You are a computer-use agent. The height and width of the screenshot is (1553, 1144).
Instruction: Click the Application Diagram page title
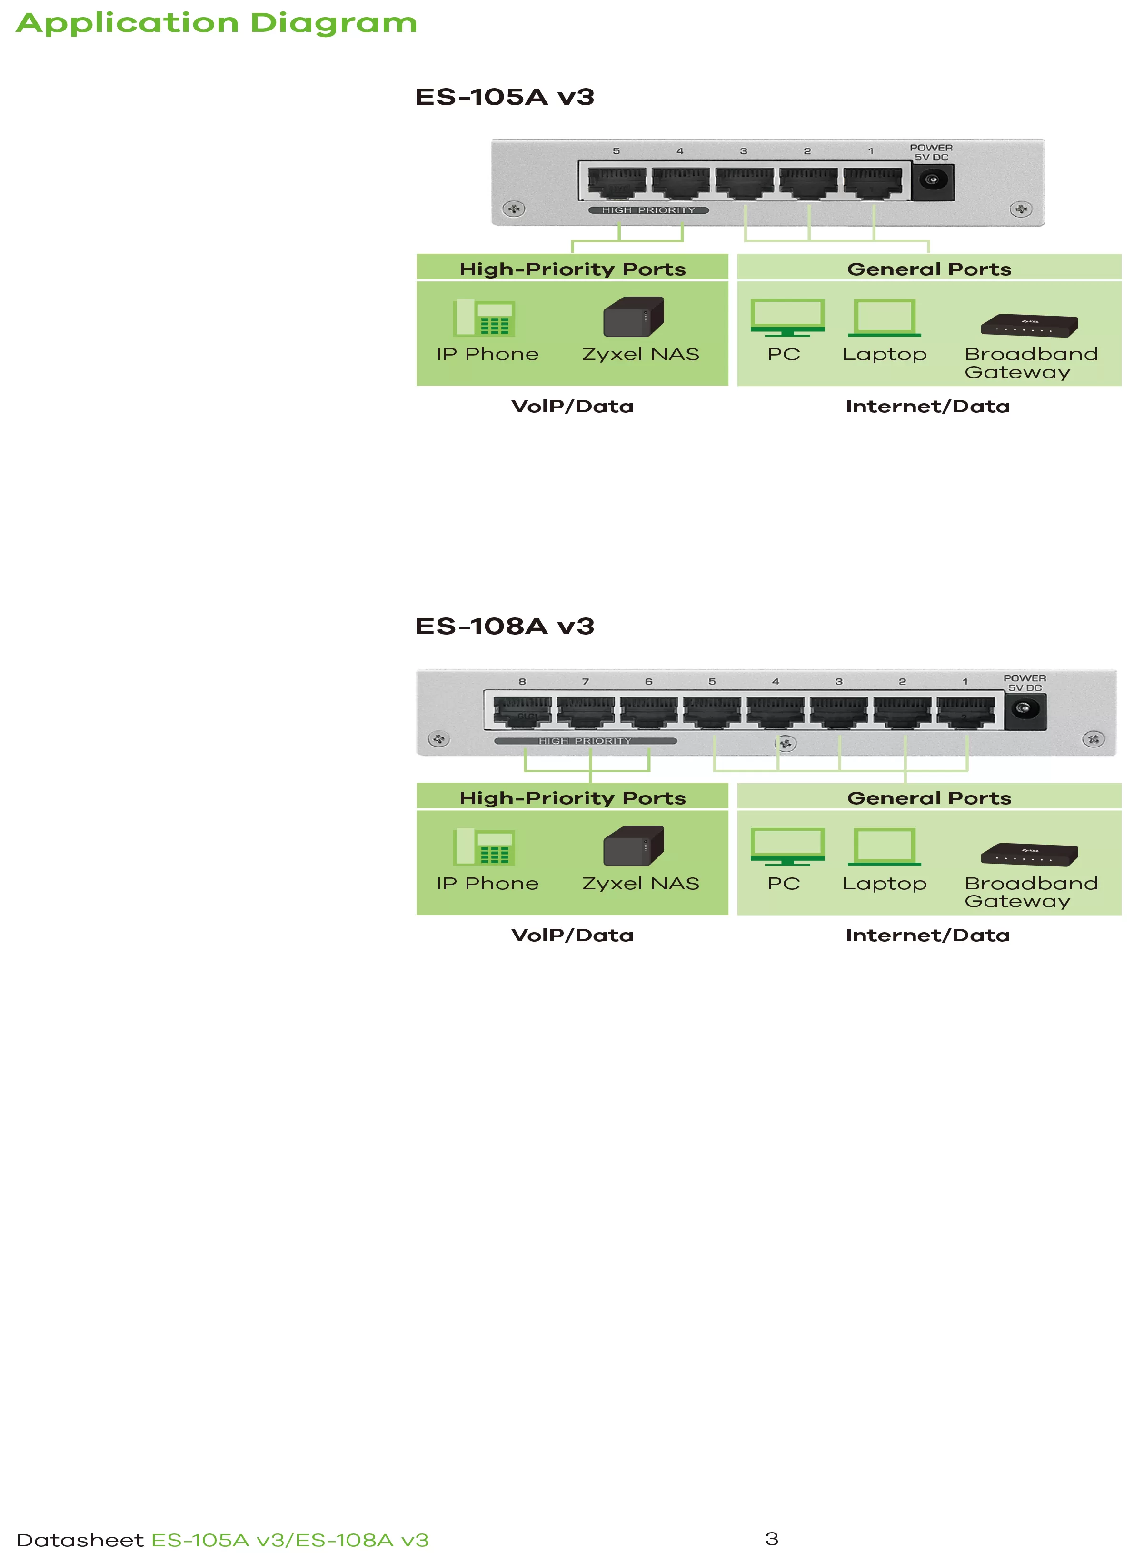216,23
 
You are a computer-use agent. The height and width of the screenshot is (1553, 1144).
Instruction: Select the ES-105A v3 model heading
504,97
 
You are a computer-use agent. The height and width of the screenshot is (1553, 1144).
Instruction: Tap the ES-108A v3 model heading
504,626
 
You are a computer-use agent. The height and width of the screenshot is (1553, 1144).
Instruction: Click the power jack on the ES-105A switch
932,180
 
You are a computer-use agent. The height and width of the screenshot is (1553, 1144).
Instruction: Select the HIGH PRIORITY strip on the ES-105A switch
648,210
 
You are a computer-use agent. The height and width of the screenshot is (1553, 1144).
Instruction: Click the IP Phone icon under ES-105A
485,318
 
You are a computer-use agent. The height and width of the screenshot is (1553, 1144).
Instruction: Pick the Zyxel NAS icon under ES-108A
634,846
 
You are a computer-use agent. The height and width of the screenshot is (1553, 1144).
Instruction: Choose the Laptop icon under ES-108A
885,846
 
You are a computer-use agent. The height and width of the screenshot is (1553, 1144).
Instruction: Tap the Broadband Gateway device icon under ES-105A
1029,325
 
